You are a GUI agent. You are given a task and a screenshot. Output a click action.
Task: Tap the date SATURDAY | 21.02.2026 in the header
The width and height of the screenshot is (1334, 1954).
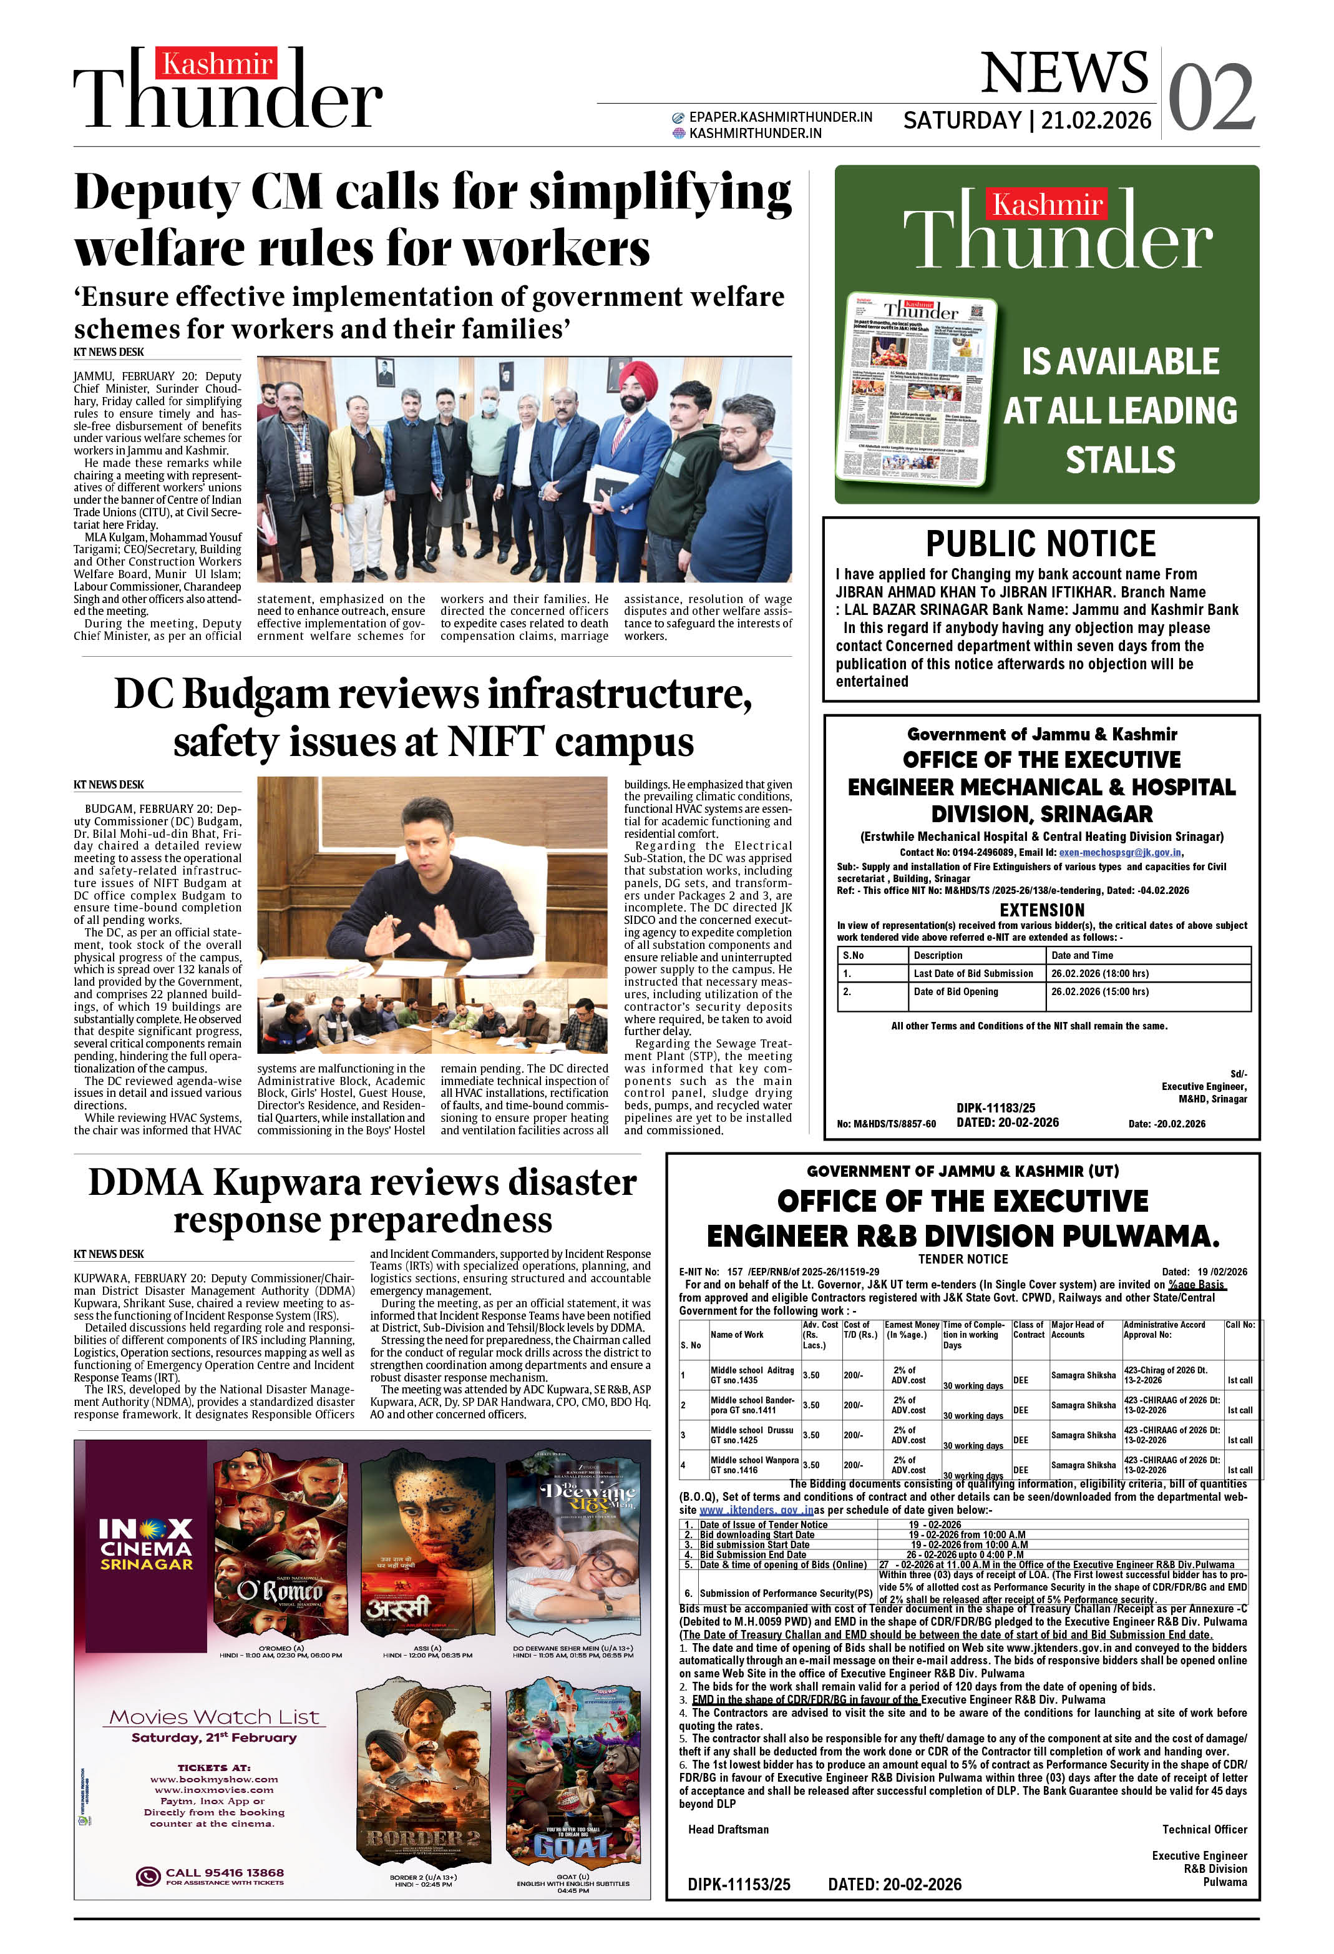[1026, 120]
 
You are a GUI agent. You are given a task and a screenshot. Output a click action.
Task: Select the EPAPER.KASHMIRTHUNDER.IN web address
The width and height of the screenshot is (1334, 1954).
[779, 117]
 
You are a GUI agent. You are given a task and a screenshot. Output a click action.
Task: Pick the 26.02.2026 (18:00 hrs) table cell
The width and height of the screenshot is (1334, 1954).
[1099, 973]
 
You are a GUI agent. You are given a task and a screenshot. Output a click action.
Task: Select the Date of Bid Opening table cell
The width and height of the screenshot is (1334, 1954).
[956, 991]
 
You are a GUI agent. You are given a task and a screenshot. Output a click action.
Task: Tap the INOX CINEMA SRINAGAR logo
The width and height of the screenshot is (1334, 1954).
[146, 1544]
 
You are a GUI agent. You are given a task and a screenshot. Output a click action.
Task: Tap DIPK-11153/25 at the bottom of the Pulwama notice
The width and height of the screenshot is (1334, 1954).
[738, 1884]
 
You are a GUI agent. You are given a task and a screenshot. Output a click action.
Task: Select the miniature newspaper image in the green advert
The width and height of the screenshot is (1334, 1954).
[920, 390]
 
